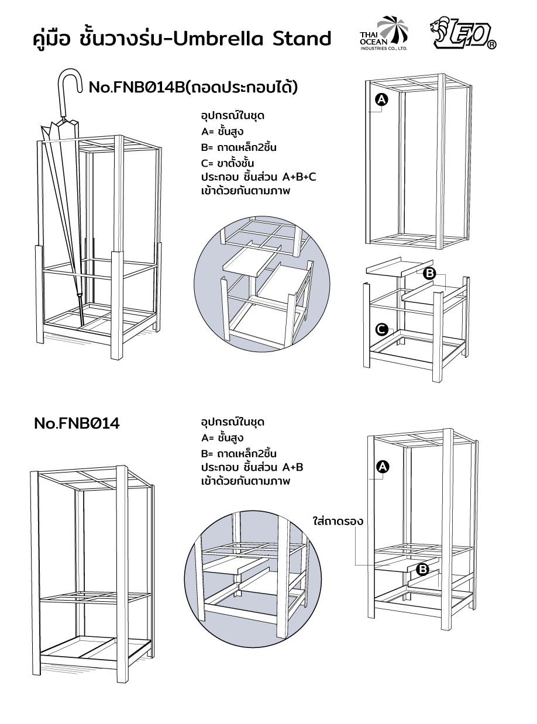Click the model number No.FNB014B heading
pos(192,88)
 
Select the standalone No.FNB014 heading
pos(76,423)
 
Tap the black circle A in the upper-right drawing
pos(381,101)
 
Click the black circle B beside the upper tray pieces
pos(429,273)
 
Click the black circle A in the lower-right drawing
pos(382,466)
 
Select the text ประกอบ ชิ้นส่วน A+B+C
pos(258,177)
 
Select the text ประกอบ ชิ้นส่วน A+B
pos(252,467)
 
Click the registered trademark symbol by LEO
pos(491,45)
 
